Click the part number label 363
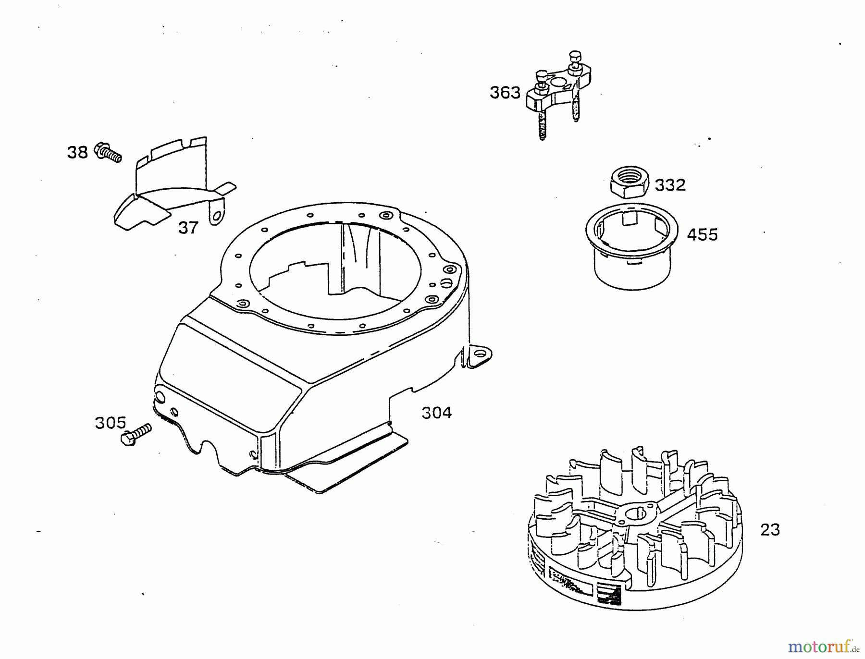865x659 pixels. tap(505, 92)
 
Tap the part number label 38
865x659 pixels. tap(77, 152)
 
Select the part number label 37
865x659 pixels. tap(188, 227)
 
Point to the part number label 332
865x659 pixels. tap(670, 185)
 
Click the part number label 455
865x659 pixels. tap(702, 235)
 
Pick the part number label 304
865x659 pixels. tap(436, 413)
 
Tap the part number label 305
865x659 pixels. tap(110, 423)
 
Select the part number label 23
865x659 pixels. tap(770, 530)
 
